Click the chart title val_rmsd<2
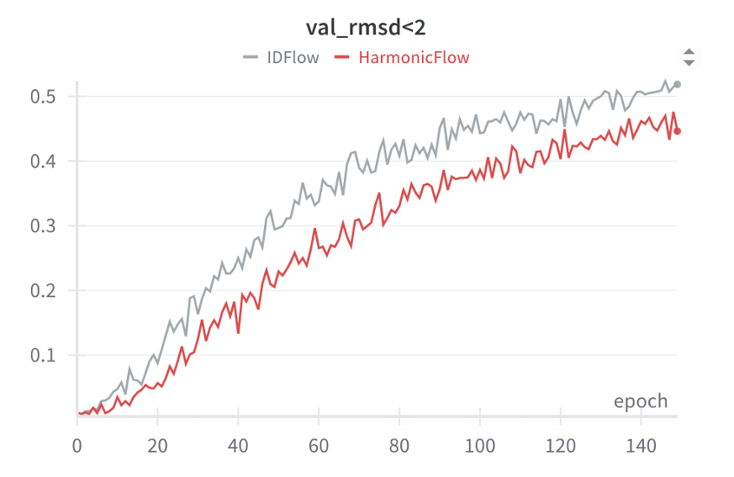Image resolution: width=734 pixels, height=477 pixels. [x=366, y=27]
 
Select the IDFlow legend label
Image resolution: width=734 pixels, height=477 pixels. [x=292, y=58]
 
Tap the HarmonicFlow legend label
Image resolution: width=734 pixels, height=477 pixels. [x=413, y=58]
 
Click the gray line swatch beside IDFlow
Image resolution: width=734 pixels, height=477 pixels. [x=251, y=58]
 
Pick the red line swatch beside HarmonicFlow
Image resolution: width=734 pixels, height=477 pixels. [x=341, y=58]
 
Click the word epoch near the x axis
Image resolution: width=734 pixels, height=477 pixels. [x=641, y=401]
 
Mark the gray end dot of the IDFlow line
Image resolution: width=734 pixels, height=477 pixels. [x=678, y=84]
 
